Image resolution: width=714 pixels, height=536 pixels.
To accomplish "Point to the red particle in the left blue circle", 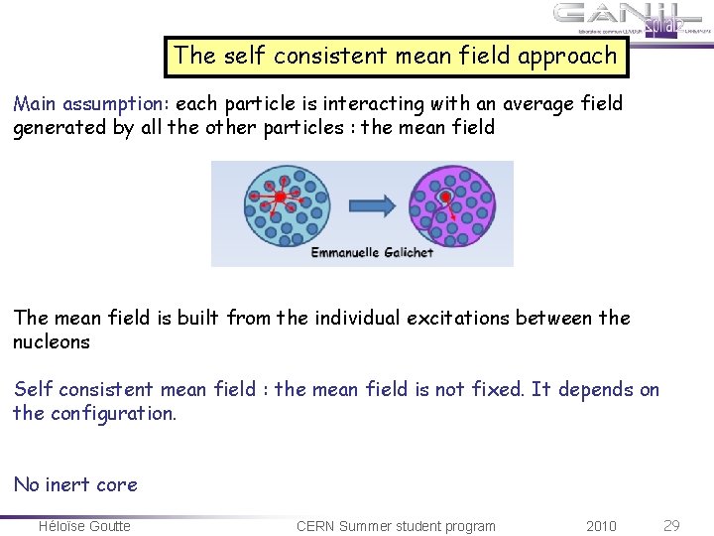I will [x=280, y=199].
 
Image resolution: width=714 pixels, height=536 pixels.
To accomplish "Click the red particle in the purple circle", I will [x=445, y=197].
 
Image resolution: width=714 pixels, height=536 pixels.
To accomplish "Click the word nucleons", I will [x=52, y=342].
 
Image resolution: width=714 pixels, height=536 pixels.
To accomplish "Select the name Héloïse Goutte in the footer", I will [x=84, y=525].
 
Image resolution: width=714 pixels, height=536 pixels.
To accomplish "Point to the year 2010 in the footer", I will [x=601, y=525].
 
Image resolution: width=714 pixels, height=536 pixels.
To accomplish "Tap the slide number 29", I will [x=671, y=525].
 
